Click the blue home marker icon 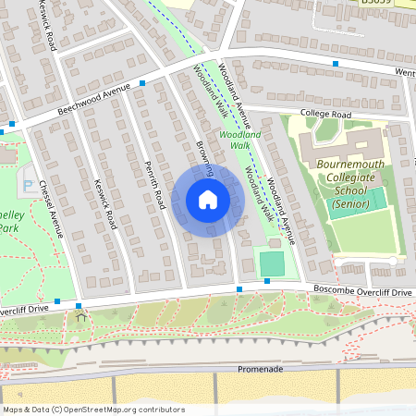coord(208,200)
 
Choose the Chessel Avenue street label coord(50,207)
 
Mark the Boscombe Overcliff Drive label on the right coord(362,292)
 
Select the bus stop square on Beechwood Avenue coord(142,83)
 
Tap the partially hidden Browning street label coord(204,157)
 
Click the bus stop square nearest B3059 coord(336,64)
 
